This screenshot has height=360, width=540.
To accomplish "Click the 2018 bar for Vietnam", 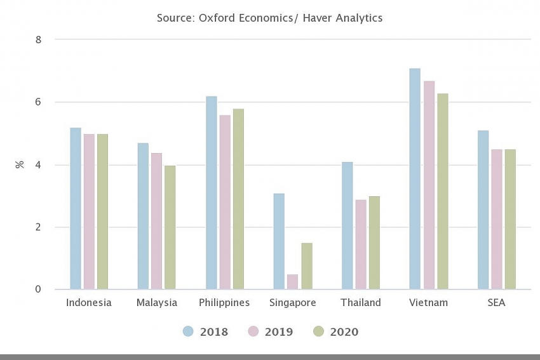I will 415,179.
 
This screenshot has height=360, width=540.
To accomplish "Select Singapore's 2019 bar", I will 293,282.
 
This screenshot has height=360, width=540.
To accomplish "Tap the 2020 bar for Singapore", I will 306,266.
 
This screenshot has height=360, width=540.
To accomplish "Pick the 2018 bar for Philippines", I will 211,193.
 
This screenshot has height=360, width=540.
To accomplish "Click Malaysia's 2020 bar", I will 170,227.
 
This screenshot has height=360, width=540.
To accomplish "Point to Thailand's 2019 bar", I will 361,244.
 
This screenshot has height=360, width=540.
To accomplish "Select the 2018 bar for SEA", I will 483,210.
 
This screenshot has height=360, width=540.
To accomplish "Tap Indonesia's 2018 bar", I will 76,208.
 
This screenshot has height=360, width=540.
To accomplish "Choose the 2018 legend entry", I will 205,331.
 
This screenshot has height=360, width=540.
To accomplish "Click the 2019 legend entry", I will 270,331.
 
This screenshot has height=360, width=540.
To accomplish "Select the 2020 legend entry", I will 336,331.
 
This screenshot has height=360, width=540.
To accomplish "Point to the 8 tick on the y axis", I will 38,39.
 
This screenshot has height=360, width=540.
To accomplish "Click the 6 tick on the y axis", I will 38,102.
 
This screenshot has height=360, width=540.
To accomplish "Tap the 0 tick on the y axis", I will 38,290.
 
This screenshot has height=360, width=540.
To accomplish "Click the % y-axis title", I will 20,164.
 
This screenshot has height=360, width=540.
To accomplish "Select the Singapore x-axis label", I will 292,303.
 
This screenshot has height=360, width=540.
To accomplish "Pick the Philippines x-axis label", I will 224,303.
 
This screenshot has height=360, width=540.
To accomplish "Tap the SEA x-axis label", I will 496,303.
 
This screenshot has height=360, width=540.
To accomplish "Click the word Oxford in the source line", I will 217,18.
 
